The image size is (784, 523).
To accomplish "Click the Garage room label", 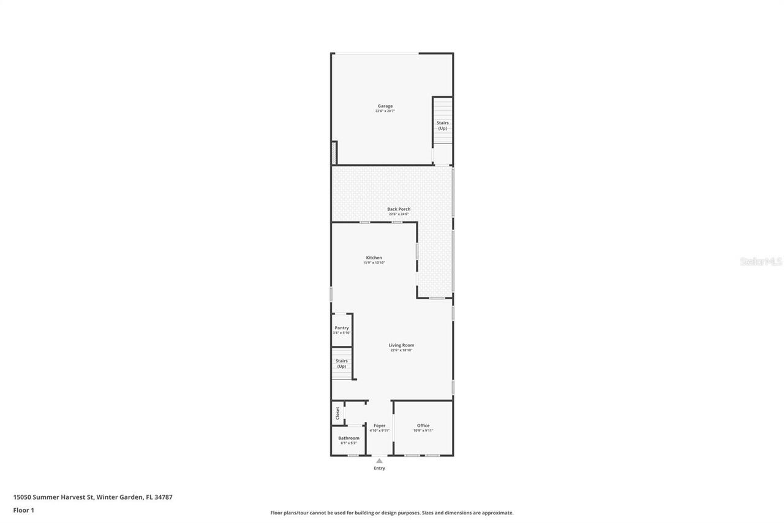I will [x=385, y=106].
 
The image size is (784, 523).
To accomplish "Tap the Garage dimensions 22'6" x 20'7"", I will [x=385, y=111].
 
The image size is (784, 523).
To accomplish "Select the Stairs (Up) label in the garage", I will [x=442, y=125].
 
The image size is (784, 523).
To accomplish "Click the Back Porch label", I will [x=399, y=209].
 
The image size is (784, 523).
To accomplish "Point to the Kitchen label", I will [x=374, y=258].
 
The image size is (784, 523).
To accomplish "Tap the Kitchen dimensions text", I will [x=374, y=262].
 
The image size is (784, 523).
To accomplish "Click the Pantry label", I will [x=341, y=327].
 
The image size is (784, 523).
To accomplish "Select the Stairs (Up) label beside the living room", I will [x=341, y=364].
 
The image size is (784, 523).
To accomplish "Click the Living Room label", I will [x=401, y=345].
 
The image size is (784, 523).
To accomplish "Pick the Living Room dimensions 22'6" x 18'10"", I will [x=401, y=350].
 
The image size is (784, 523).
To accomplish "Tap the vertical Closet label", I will [x=337, y=413].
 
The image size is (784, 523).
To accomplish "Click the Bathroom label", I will [x=349, y=438].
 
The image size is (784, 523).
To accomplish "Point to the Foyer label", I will [x=379, y=426].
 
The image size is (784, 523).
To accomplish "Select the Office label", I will [x=423, y=426].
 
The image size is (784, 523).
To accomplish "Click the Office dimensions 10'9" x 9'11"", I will [x=423, y=430].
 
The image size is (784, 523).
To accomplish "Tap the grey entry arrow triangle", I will [x=379, y=460].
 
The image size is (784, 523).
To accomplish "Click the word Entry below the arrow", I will [x=380, y=468].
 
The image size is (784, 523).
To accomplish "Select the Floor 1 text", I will [x=23, y=510].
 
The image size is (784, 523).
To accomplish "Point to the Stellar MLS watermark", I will [x=761, y=261].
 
